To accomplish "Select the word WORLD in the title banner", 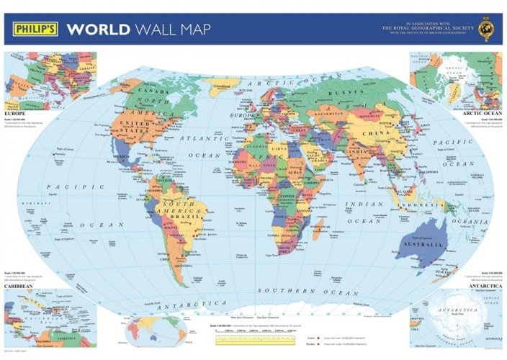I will pos(98,30).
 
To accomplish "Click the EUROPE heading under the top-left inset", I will pos(15,114).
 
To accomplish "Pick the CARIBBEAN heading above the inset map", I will pos(19,286).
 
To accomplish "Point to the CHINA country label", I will pos(377,132).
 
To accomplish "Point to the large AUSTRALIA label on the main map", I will pos(425,243).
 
